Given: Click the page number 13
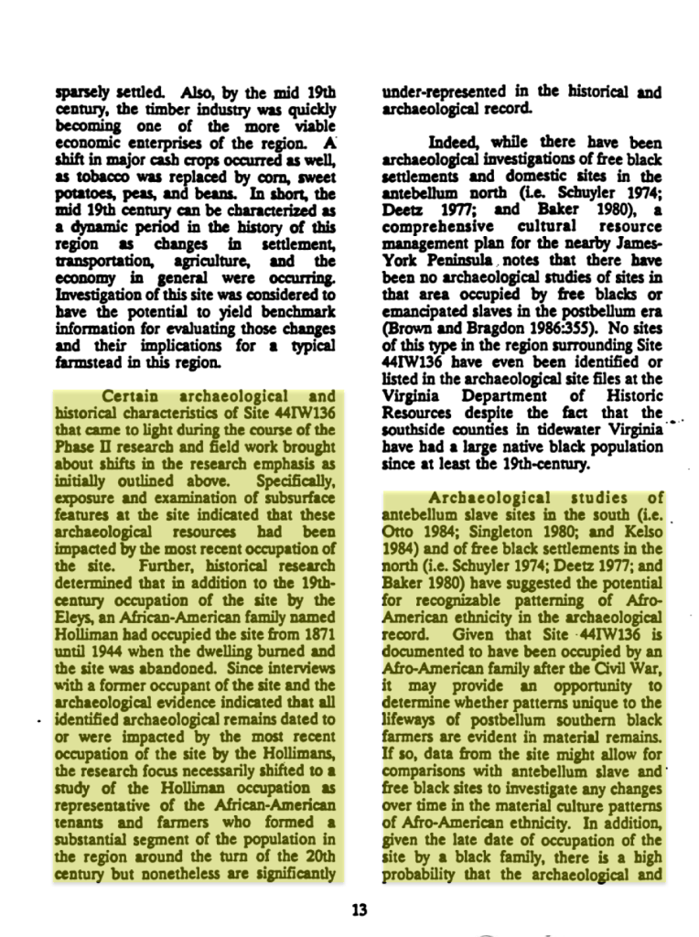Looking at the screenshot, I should (x=359, y=910).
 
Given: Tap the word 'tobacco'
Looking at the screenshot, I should (x=99, y=176).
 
